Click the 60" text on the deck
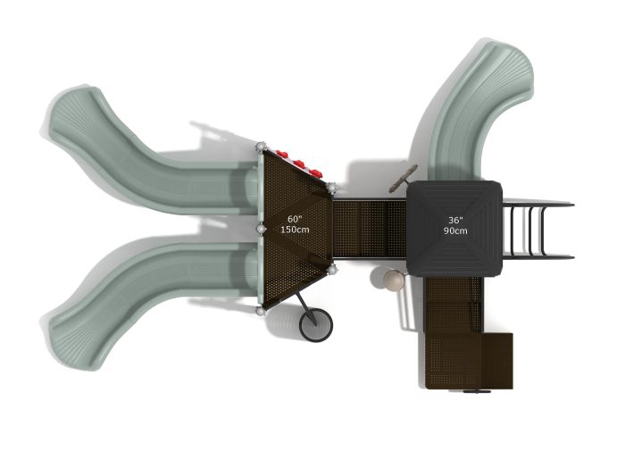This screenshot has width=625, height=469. (x=295, y=219)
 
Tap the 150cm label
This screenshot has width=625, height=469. (x=295, y=230)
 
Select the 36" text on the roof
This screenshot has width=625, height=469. (x=455, y=220)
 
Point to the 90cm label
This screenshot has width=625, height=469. (x=455, y=230)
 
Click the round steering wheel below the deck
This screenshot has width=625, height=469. (x=316, y=325)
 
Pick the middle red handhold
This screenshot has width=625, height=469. (x=299, y=163)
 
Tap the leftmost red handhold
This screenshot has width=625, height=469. (x=282, y=155)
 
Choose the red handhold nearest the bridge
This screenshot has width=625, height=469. (x=316, y=173)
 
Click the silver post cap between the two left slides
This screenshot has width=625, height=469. (x=261, y=229)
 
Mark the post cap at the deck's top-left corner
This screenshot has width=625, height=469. (x=261, y=147)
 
